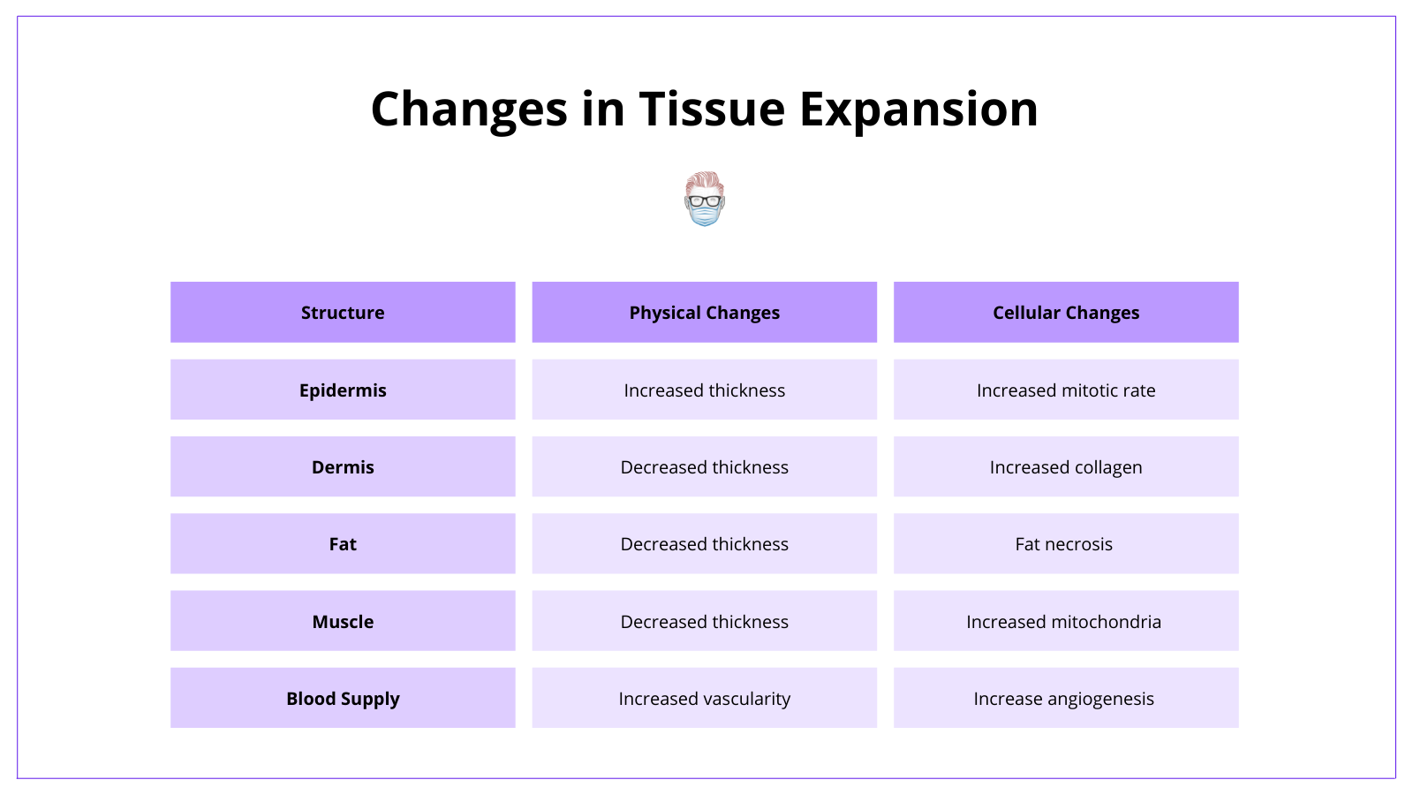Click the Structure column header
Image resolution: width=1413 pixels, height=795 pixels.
pos(343,312)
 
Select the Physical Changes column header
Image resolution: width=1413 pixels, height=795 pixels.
pos(704,312)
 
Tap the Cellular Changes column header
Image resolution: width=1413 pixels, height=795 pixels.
pos(1066,312)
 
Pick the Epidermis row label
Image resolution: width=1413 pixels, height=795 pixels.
pos(343,390)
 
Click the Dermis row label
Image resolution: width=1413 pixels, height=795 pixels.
pos(343,466)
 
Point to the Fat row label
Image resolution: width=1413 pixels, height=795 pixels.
pos(343,543)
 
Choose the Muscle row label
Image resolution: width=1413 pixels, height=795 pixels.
pos(343,621)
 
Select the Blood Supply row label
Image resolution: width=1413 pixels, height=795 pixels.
pos(343,698)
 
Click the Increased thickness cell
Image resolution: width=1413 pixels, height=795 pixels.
pos(704,390)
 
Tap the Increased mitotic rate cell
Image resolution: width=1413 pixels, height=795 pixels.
pos(1066,390)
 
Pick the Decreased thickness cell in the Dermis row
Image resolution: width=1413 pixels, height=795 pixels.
pos(704,466)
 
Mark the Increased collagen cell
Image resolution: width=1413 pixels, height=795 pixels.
pos(1066,466)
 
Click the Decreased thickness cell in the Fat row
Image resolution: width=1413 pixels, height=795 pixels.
pos(704,543)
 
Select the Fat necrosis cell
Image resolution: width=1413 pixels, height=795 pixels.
pos(1066,543)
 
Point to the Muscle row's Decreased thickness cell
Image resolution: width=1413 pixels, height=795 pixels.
pos(704,621)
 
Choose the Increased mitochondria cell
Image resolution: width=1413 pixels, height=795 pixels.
pos(1066,621)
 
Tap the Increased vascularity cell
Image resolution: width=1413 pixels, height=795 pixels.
pos(704,698)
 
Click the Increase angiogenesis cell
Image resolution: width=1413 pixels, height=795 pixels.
pos(1066,698)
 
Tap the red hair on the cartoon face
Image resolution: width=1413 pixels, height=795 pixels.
pos(704,179)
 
